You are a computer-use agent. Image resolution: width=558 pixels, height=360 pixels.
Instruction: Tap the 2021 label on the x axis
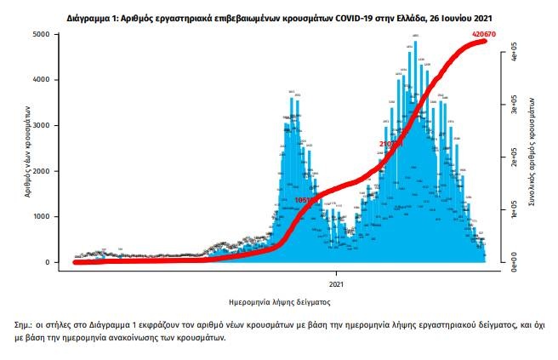(337, 283)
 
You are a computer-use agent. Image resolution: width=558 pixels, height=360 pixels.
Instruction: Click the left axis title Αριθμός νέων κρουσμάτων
(28, 151)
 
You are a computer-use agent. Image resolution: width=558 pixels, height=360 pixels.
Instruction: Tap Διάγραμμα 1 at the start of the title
(90, 16)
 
